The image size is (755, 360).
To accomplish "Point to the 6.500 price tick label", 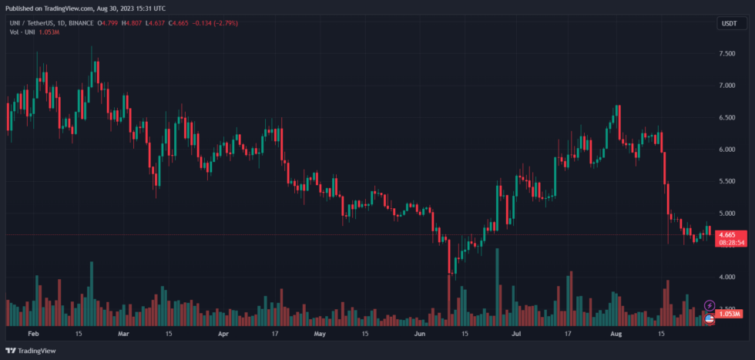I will pyautogui.click(x=726, y=118).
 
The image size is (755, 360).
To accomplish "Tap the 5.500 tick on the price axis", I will pyautogui.click(x=726, y=180).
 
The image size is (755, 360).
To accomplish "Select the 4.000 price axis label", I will pyautogui.click(x=726, y=276).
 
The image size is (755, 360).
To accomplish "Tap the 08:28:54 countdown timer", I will pyautogui.click(x=732, y=242).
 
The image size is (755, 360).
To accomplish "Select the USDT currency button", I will pyautogui.click(x=728, y=24).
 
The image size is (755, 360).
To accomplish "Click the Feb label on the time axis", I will pyautogui.click(x=32, y=335).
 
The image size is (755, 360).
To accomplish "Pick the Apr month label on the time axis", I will pyautogui.click(x=223, y=335).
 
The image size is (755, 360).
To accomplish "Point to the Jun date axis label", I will pyautogui.click(x=420, y=335).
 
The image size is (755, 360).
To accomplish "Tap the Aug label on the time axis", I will pyautogui.click(x=616, y=335).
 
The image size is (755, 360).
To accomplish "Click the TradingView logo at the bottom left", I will pyautogui.click(x=33, y=351).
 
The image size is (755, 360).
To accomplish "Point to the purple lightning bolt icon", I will pyautogui.click(x=710, y=306).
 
